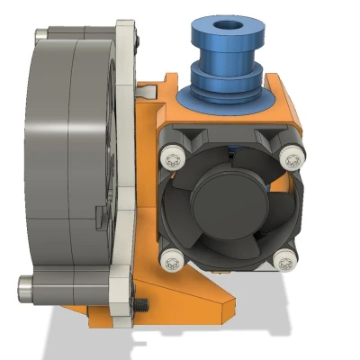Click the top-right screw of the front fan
point(289,158)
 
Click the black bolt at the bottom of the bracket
point(142,302)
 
